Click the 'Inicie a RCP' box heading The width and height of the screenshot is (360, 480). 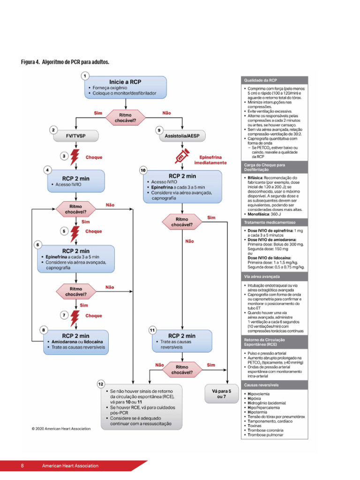point(125,81)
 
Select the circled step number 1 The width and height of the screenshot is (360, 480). point(85,75)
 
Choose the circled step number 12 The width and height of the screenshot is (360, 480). point(101,384)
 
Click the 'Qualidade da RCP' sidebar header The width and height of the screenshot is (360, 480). point(274,80)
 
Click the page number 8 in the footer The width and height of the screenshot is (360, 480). point(22,466)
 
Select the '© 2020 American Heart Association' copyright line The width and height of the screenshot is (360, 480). point(61,428)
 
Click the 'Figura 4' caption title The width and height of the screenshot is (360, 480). point(66,62)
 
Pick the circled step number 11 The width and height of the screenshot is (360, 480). point(152,330)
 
